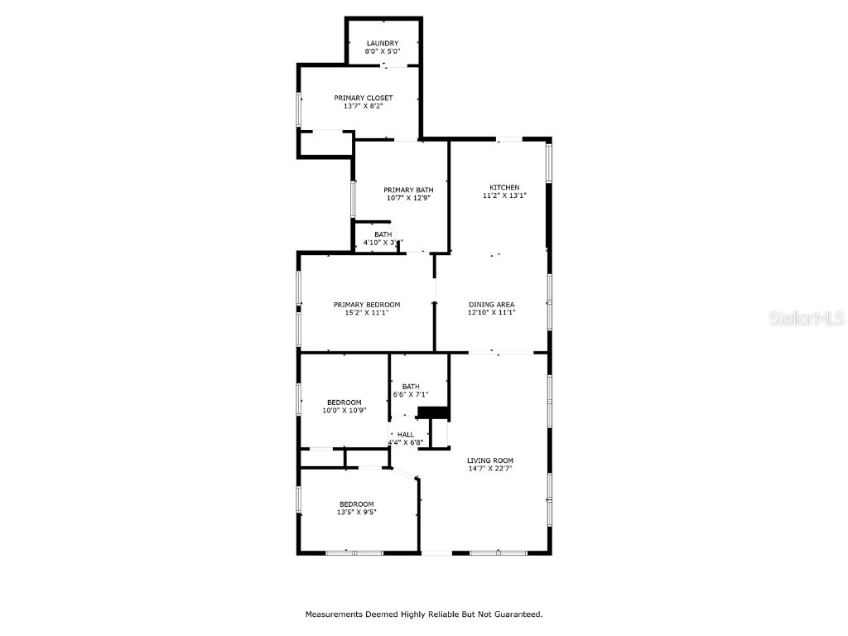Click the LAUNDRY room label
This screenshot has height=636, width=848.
pos(383,43)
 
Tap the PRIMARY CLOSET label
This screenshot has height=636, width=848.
pos(363,98)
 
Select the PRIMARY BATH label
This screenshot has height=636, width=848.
pos(408,190)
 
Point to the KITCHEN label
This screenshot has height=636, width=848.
pos(504,187)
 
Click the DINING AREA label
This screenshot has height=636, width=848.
pos(492,305)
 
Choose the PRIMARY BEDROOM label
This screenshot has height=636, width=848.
pos(367,305)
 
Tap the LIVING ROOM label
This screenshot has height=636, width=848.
pos(490,460)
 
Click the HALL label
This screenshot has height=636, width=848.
pos(406,434)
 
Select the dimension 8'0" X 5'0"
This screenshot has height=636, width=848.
pos(383,51)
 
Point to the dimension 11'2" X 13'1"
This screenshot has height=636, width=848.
pos(504,195)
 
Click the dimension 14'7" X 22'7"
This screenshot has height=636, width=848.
pos(490,469)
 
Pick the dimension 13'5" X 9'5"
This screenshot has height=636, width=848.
pos(356,512)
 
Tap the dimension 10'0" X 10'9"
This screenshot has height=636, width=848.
pos(344,411)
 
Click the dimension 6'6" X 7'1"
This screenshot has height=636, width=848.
pos(411,395)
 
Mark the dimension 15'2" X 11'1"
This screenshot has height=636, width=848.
pos(367,312)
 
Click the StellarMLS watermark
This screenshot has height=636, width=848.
pos(807,318)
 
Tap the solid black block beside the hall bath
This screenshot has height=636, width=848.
pos(433,412)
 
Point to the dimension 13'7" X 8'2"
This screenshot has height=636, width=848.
pos(363,106)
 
